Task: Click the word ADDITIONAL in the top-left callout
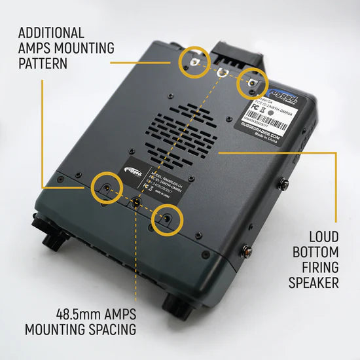pyautogui.click(x=51, y=32)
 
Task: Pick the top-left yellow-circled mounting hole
pyautogui.click(x=194, y=60)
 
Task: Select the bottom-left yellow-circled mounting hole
pyautogui.click(x=105, y=189)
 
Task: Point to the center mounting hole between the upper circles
pyautogui.click(x=223, y=71)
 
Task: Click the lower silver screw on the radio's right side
pyautogui.click(x=248, y=249)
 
